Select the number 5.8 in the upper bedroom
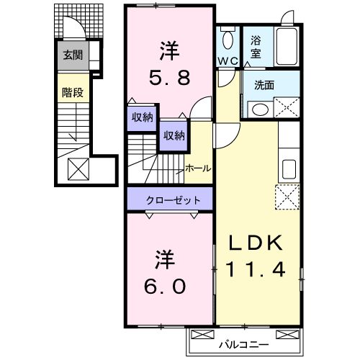pyautogui.click(x=169, y=77)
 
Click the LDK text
pyautogui.click(x=257, y=243)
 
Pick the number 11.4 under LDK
pyautogui.click(x=257, y=269)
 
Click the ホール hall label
pyautogui.click(x=198, y=168)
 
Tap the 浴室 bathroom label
pyautogui.click(x=256, y=48)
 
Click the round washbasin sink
pyautogui.click(x=259, y=109)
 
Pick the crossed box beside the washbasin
pyautogui.click(x=288, y=109)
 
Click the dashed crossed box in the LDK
pyautogui.click(x=287, y=196)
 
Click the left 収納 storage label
pyautogui.click(x=142, y=118)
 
